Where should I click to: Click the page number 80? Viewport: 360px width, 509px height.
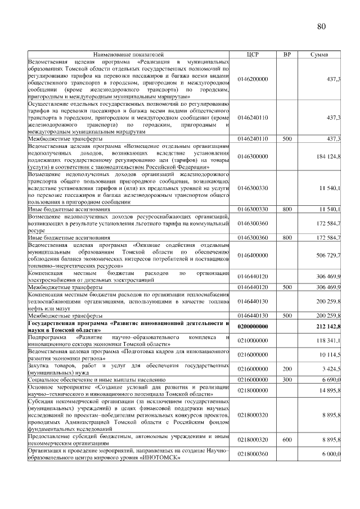point(321,26)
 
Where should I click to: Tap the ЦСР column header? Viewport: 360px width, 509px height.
point(253,55)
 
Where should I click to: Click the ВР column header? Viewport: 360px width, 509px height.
point(287,55)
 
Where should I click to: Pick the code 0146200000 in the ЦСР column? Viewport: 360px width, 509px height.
point(253,79)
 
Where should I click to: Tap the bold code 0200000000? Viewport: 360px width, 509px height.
point(253,326)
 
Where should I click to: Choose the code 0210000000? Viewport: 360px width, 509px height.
point(253,340)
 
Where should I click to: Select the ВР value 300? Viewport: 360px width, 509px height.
point(287,381)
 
